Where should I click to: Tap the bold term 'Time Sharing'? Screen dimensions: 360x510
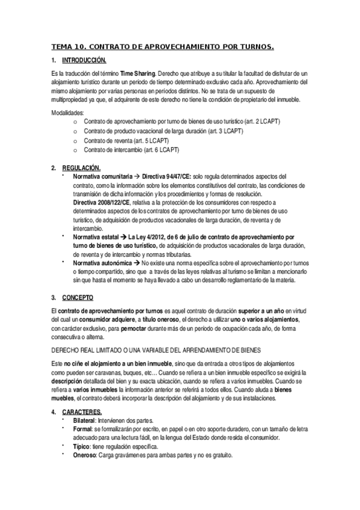(x=139, y=72)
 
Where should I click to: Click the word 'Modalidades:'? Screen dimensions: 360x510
(x=68, y=112)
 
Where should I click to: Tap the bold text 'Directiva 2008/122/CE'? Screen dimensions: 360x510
(x=101, y=203)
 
